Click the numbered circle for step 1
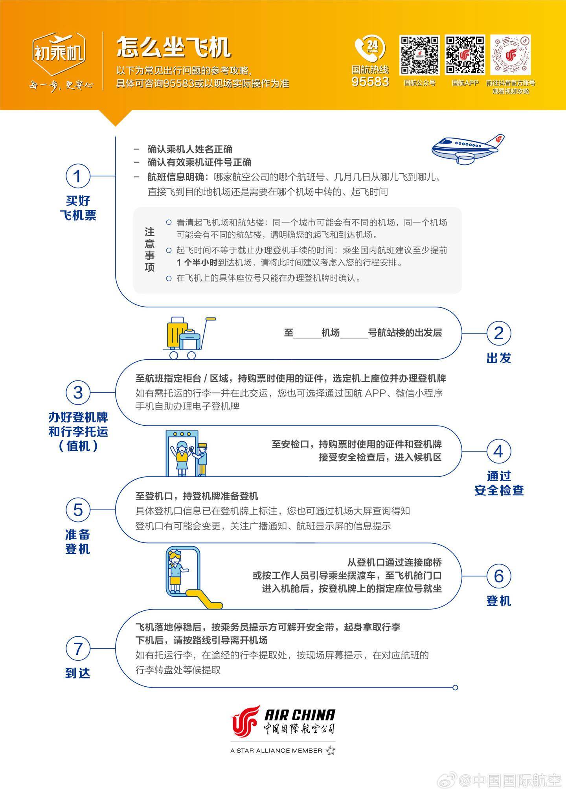[77, 176]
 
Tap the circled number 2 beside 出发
[498, 333]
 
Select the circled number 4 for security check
[498, 451]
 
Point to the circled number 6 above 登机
[498, 576]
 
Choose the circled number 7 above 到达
[77, 648]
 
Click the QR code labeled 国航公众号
[419, 55]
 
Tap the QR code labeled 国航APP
[465, 55]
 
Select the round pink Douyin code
[511, 55]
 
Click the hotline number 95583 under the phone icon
[370, 81]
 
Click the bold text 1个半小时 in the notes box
[197, 263]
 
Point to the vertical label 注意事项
[149, 250]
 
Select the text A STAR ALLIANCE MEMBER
[276, 750]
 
